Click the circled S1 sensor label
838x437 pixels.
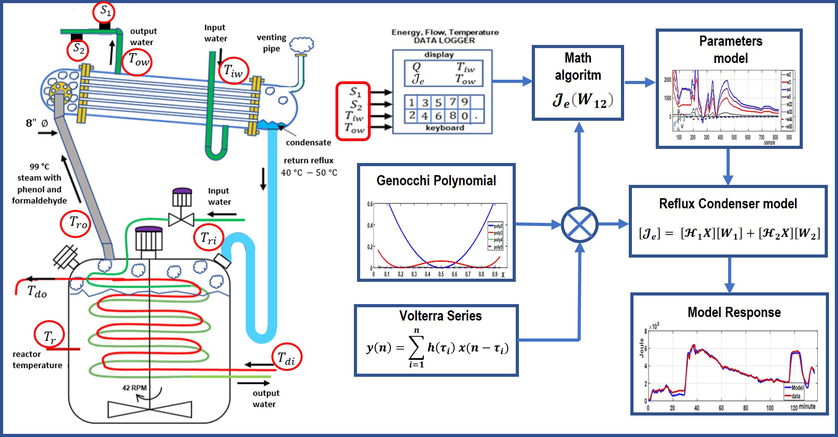tap(104, 12)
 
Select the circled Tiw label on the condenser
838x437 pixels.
tap(233, 71)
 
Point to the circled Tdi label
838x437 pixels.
tap(286, 357)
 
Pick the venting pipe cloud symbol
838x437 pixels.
tap(302, 45)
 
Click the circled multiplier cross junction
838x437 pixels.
tap(579, 225)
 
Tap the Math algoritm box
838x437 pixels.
tap(578, 83)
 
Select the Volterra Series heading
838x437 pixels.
tap(440, 316)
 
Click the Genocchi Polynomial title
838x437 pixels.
tap(436, 181)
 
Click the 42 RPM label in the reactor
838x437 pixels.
tap(134, 388)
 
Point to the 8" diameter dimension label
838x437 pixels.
tap(37, 124)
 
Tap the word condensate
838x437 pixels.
tap(308, 143)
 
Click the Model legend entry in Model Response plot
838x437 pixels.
tap(797, 388)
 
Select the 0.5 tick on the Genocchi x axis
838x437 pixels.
tap(441, 274)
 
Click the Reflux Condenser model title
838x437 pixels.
tap(728, 204)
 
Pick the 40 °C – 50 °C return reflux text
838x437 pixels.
tap(309, 173)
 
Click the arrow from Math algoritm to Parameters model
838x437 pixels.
tap(640, 82)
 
